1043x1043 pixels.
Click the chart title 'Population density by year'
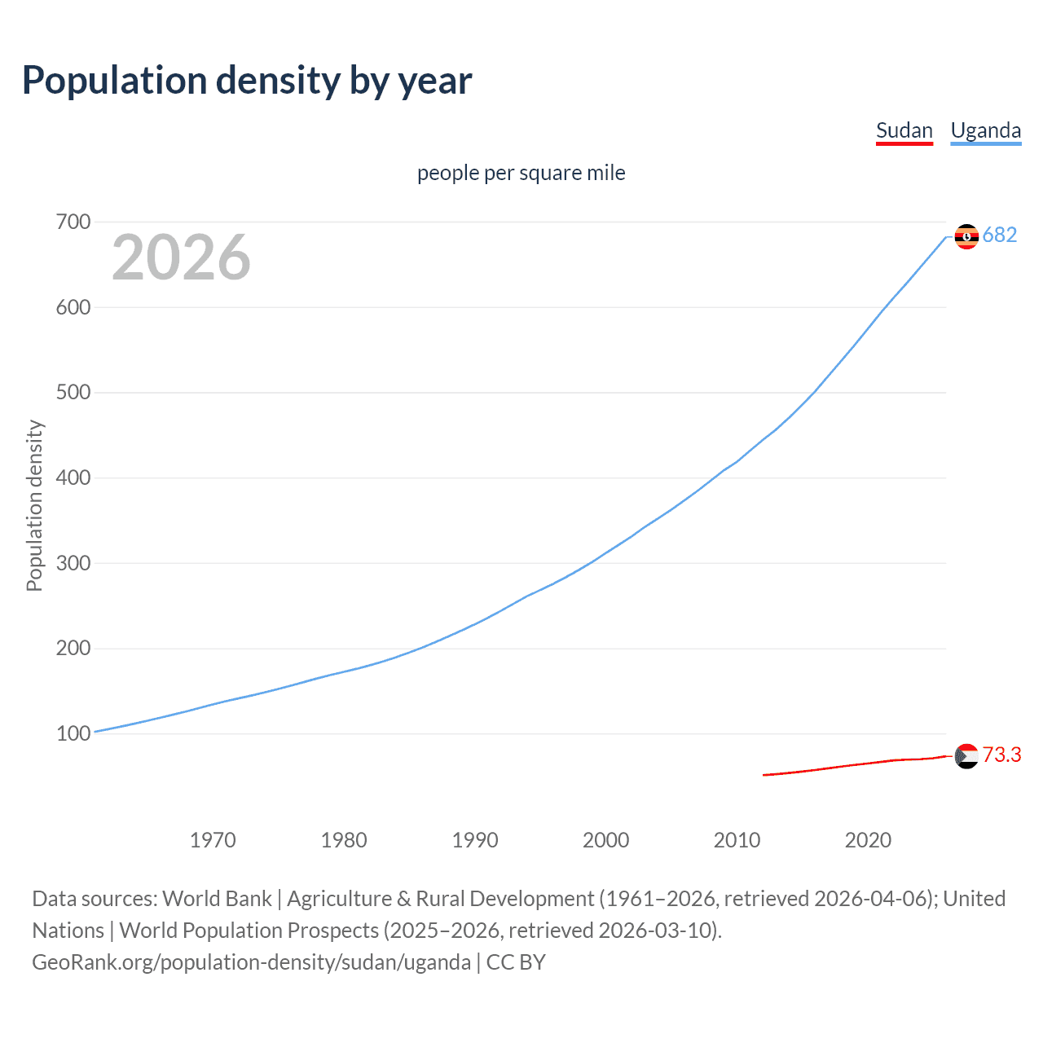pyautogui.click(x=247, y=81)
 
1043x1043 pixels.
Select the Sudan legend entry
pyautogui.click(x=904, y=130)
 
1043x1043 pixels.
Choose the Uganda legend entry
pyautogui.click(x=985, y=130)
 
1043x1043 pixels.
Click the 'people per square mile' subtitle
pyautogui.click(x=521, y=173)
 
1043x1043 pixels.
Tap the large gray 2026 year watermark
pyautogui.click(x=181, y=257)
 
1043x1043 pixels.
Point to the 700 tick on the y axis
pyautogui.click(x=73, y=222)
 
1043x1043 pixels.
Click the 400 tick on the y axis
pyautogui.click(x=73, y=477)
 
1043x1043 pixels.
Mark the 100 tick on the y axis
pyautogui.click(x=73, y=733)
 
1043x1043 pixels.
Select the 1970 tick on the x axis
pyautogui.click(x=213, y=840)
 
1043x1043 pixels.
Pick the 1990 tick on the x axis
pyautogui.click(x=475, y=840)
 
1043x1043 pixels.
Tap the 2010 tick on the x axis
pyautogui.click(x=737, y=840)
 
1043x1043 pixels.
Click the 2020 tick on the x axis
pyautogui.click(x=868, y=840)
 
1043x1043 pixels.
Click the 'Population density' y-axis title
pyautogui.click(x=34, y=505)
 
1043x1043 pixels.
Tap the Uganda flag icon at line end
pyautogui.click(x=966, y=236)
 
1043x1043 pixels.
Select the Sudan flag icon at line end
pyautogui.click(x=966, y=756)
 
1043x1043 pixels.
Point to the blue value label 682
pyautogui.click(x=1000, y=235)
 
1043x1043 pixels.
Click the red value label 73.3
pyautogui.click(x=1001, y=755)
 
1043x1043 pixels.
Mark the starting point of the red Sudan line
pyautogui.click(x=764, y=775)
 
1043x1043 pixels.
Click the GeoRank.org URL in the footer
pyautogui.click(x=251, y=962)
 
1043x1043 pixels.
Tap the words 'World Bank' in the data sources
pyautogui.click(x=217, y=899)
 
